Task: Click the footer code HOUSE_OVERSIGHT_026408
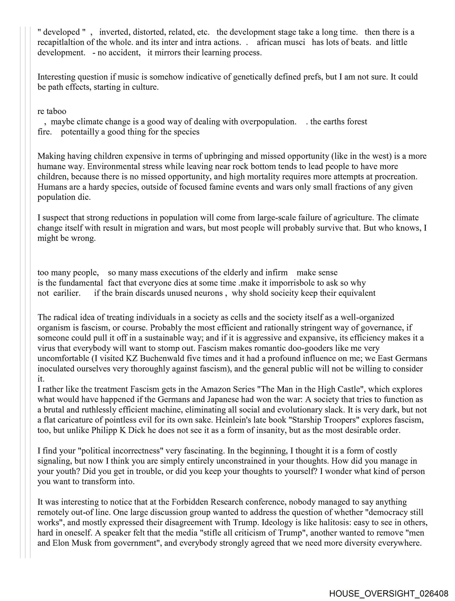(388, 593)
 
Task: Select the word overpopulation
(268, 121)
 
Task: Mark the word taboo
(56, 111)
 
